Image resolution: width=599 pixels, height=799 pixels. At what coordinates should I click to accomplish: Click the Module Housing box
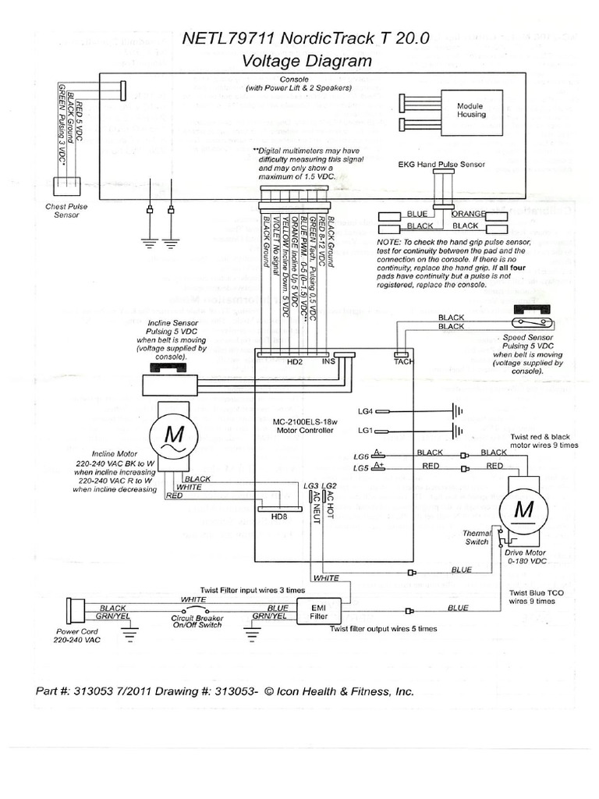pos(470,110)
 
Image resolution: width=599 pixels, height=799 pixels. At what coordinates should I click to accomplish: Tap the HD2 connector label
pos(295,362)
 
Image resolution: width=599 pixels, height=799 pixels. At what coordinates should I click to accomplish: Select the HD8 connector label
pos(278,517)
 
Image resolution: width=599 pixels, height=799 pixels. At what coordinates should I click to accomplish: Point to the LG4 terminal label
pos(366,410)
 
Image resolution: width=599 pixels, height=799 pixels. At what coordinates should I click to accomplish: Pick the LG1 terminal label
pos(366,431)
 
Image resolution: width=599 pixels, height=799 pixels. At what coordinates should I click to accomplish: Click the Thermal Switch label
pos(476,537)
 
